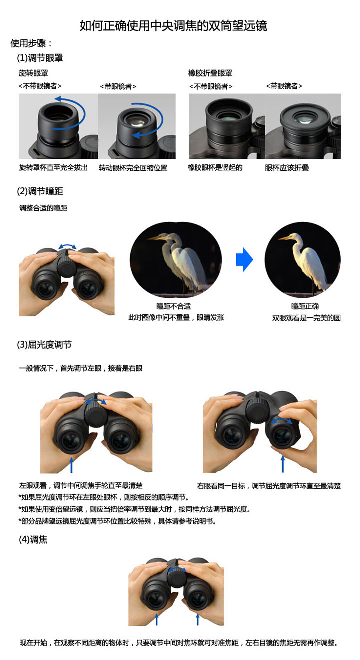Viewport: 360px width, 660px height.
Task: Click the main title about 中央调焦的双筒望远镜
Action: tap(173, 26)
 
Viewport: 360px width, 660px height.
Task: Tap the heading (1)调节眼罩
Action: tap(40, 58)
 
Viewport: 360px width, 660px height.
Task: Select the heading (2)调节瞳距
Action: tap(40, 191)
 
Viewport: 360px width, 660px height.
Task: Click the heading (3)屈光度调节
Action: tap(44, 344)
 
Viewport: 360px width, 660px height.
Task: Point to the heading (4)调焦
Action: tap(33, 540)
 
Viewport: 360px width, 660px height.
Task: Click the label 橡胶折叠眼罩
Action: tap(210, 73)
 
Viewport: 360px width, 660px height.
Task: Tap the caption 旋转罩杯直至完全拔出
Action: tap(53, 167)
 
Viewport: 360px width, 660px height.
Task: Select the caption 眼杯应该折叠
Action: tap(287, 168)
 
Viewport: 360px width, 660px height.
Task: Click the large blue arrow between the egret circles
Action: tap(244, 259)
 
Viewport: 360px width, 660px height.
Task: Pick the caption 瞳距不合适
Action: tap(173, 306)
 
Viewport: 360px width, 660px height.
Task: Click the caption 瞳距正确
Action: tap(305, 306)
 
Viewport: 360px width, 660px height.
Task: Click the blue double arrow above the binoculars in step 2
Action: tap(67, 246)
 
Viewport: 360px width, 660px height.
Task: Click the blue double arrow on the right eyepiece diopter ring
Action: tap(282, 420)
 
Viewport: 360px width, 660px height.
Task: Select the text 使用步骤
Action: tap(28, 43)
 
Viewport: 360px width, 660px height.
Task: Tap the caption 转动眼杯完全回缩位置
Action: tap(133, 168)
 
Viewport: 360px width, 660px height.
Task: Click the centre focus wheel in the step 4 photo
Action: tap(177, 577)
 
